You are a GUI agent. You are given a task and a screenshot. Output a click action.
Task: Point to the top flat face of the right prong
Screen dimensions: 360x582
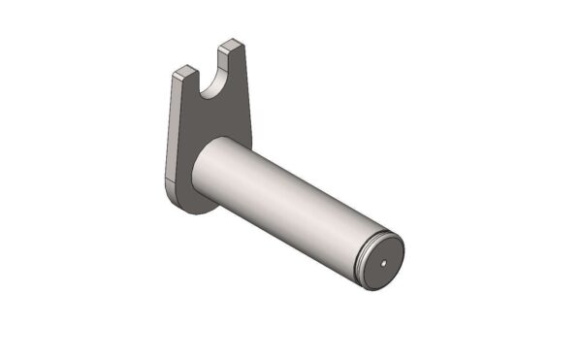(230, 45)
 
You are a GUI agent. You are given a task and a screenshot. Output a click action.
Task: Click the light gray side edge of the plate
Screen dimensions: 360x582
(172, 126)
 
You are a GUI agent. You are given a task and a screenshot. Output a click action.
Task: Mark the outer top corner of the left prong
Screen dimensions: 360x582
(176, 74)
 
